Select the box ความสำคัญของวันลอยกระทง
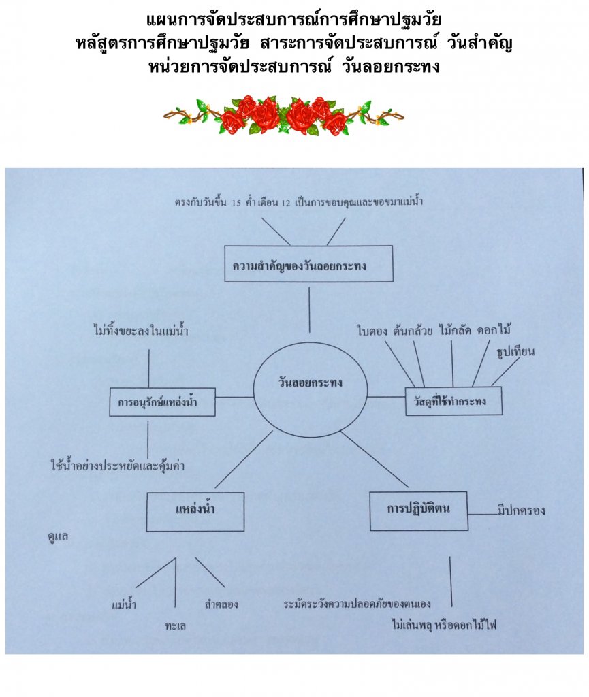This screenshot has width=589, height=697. (x=308, y=264)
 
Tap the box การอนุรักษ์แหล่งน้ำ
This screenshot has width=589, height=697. (x=162, y=402)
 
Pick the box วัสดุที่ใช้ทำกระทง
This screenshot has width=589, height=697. (x=453, y=402)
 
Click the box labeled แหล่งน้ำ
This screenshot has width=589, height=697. (x=195, y=511)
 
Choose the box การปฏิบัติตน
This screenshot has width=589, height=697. (x=418, y=510)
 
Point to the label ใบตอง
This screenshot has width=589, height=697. (x=372, y=332)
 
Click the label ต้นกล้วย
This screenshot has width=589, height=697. (x=412, y=332)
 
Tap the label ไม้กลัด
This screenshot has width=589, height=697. (x=453, y=332)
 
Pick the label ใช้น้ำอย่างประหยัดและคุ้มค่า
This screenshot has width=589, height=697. (x=118, y=466)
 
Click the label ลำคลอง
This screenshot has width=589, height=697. (x=221, y=604)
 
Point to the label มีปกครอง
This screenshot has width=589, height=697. (x=522, y=510)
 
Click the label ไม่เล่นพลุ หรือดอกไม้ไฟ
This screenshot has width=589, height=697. (x=444, y=623)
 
